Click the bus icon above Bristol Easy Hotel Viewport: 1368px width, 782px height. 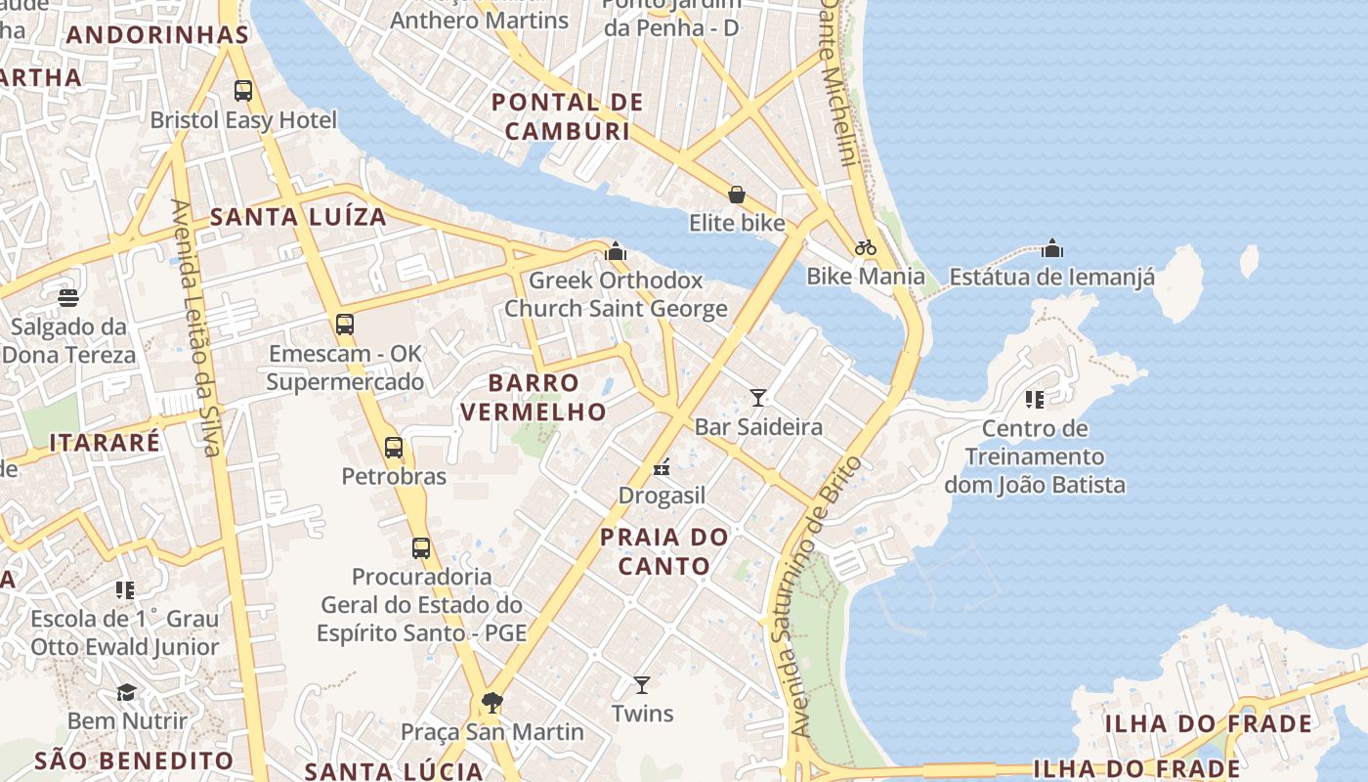[x=243, y=91]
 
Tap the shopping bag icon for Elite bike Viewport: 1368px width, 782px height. [x=737, y=195]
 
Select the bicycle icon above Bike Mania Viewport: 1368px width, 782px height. [x=865, y=247]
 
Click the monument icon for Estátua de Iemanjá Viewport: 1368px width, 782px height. [x=1052, y=248]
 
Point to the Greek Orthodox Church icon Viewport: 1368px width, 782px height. [x=616, y=251]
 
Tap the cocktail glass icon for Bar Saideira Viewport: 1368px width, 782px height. [x=758, y=397]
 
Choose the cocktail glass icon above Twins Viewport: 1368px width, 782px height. [x=642, y=684]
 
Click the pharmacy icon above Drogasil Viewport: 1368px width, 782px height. [x=662, y=467]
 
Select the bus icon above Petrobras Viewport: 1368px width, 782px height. [x=394, y=448]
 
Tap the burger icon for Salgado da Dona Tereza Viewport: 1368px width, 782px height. [x=68, y=297]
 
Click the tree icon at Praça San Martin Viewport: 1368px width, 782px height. [x=492, y=702]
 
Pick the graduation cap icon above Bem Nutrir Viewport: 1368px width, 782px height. [x=127, y=692]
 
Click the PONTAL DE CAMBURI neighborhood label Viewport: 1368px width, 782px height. [x=568, y=116]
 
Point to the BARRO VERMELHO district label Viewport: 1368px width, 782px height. [x=534, y=397]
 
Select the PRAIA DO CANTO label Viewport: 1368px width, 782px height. [x=664, y=551]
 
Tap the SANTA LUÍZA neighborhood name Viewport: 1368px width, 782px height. [x=299, y=217]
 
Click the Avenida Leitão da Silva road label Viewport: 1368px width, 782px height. [x=194, y=327]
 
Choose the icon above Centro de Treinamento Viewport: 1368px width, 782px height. [x=1035, y=399]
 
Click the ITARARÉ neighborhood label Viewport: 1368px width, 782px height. [x=105, y=442]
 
